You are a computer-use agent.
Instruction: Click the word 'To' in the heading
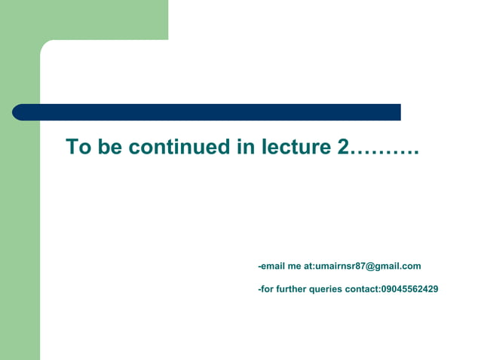tap(78, 147)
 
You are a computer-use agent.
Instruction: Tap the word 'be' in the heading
tap(109, 147)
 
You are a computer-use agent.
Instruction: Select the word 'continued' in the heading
tap(180, 147)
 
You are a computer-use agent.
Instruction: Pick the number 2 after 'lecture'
tap(343, 147)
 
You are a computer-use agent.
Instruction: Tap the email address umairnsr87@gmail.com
tap(368, 266)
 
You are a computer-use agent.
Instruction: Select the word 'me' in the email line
tap(294, 266)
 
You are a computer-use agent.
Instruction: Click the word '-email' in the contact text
tap(271, 266)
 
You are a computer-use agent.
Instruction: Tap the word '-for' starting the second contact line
tap(266, 289)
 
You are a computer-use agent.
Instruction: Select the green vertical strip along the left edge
tap(20, 241)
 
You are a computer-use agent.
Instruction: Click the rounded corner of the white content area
tap(46, 45)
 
